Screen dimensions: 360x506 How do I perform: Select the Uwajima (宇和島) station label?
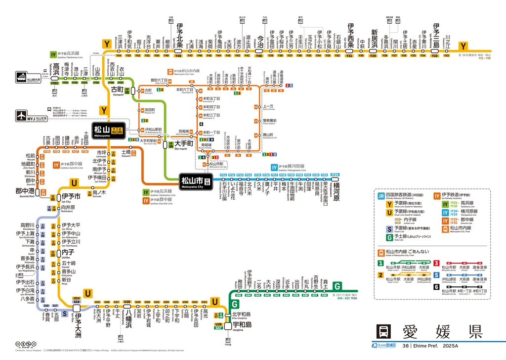coord(242,325)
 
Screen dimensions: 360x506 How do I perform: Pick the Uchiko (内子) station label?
coord(68,253)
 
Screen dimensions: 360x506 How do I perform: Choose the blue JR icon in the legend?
coord(381,196)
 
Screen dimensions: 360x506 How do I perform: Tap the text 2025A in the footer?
coord(452,346)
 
